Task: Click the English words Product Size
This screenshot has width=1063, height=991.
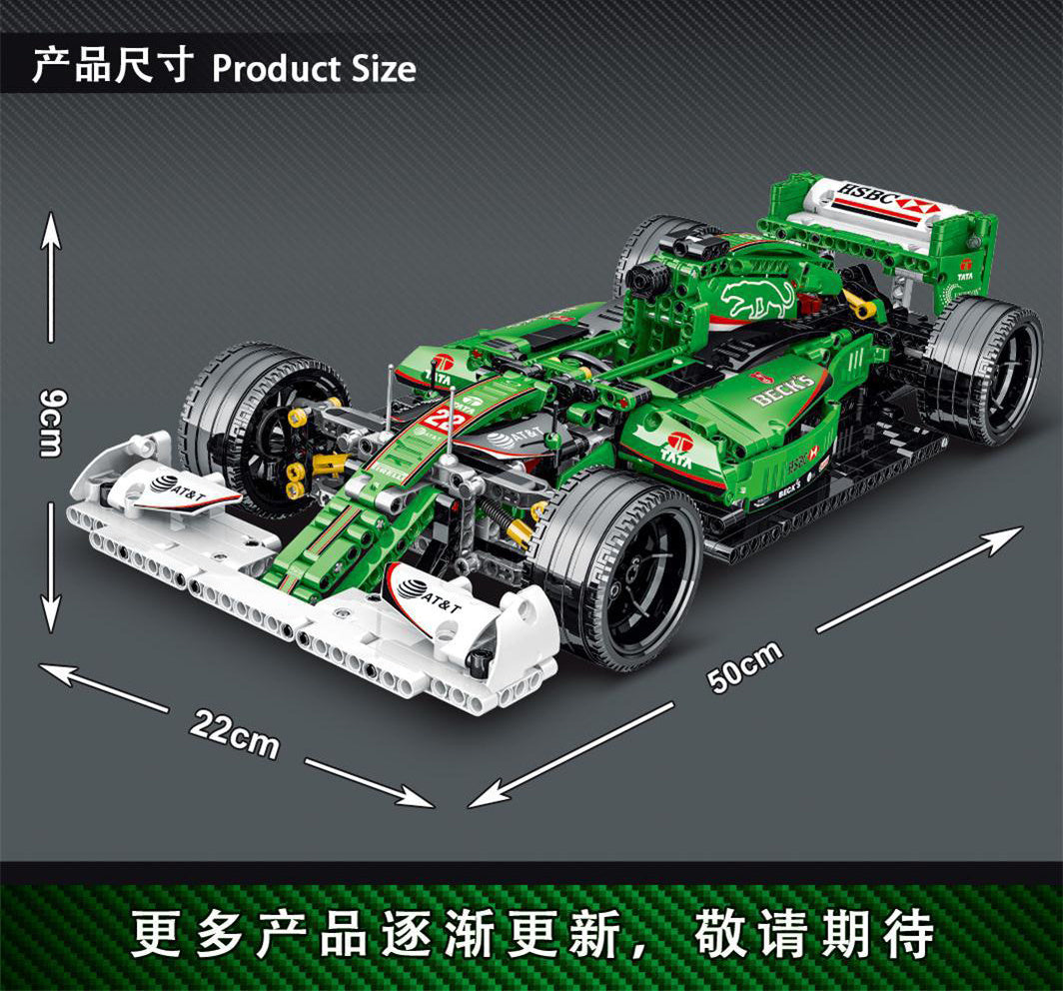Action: pos(314,70)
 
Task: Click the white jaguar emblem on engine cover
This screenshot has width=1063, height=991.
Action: pos(758,298)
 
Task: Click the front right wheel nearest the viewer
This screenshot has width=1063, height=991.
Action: pos(619,565)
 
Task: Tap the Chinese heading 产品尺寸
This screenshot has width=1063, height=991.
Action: pos(112,68)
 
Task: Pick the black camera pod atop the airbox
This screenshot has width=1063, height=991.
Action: pos(698,244)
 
